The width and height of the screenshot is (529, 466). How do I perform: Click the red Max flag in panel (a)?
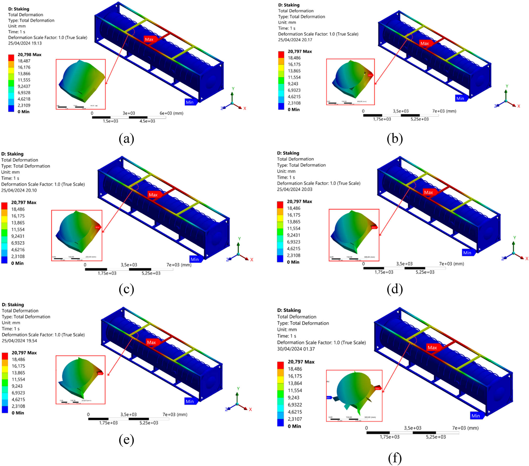tap(149, 39)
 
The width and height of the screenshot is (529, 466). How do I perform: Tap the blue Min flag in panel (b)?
tap(460, 98)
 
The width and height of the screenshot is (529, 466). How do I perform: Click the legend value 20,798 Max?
tap(29, 54)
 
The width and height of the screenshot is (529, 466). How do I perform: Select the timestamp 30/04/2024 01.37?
tap(296, 349)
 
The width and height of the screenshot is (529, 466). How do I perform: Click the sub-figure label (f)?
tap(395, 458)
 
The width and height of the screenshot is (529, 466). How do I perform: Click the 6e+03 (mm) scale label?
tap(171, 113)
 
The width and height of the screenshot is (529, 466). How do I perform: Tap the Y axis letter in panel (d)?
tap(514, 237)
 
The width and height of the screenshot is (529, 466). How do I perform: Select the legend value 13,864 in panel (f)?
tap(295, 383)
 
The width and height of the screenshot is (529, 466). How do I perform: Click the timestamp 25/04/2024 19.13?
tap(25, 43)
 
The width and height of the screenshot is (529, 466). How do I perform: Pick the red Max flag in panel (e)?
tap(151, 342)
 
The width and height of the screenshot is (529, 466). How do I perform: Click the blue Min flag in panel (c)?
tap(195, 259)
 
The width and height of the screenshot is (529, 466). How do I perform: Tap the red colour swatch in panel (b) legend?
tap(281, 54)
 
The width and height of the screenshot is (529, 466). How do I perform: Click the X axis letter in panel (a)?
tap(245, 108)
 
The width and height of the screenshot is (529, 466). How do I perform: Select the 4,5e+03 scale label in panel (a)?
tap(147, 121)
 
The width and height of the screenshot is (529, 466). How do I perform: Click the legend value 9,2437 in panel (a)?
tap(24, 86)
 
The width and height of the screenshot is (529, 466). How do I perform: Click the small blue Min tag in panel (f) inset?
tap(329, 398)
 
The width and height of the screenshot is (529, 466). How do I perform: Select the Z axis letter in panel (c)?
tap(227, 260)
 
